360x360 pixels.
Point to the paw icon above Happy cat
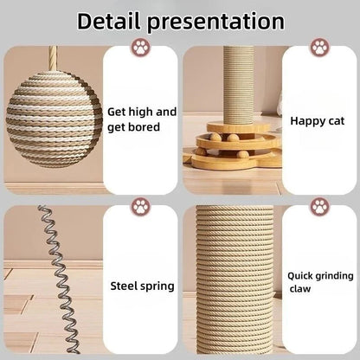coord(318,46)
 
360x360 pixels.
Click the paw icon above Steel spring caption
coord(139,207)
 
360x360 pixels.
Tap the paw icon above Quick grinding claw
coord(318,207)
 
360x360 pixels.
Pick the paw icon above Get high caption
coord(139,46)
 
